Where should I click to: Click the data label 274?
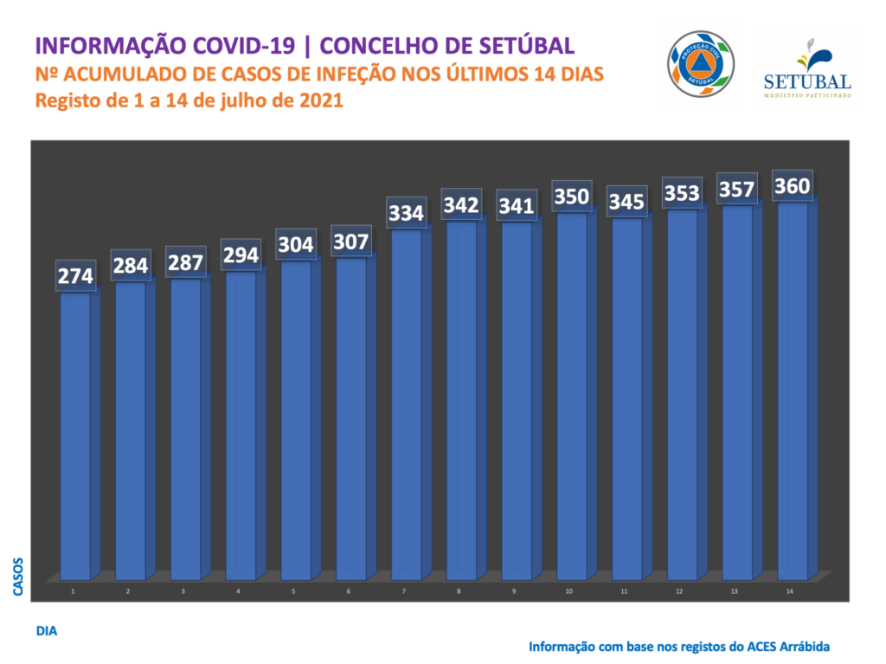[x=75, y=275]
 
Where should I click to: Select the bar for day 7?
[x=407, y=403]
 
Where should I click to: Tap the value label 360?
[x=793, y=185]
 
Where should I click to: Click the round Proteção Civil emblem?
[x=701, y=65]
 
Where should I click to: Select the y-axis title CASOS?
[x=19, y=577]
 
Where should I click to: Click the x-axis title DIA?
[x=47, y=631]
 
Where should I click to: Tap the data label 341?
[x=517, y=206]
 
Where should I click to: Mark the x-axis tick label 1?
[x=74, y=591]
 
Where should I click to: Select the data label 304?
[x=296, y=244]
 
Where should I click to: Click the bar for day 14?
[x=793, y=390]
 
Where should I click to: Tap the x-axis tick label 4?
[x=239, y=591]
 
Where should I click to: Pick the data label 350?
[x=571, y=197]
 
